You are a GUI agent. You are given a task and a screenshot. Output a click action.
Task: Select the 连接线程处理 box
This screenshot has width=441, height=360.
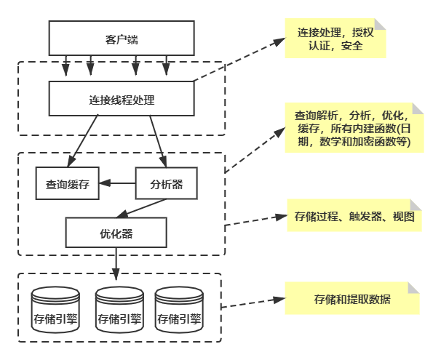pyautogui.click(x=121, y=99)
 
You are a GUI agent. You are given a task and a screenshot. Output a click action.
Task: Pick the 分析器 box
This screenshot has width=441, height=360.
pyautogui.click(x=166, y=184)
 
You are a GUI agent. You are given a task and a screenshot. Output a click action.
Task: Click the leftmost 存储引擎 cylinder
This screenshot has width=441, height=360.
pyautogui.click(x=56, y=309)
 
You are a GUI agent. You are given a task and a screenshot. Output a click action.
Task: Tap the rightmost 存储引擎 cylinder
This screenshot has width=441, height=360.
pyautogui.click(x=178, y=309)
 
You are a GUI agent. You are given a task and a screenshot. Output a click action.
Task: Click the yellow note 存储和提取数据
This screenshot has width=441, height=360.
pyautogui.click(x=351, y=299)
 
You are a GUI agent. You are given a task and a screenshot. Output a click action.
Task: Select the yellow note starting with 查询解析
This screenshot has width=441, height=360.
pyautogui.click(x=352, y=128)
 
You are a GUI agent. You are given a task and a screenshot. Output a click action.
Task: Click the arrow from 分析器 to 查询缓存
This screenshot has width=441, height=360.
pyautogui.click(x=118, y=184)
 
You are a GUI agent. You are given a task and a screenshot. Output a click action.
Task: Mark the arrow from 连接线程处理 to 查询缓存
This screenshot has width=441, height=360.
pyautogui.click(x=84, y=140)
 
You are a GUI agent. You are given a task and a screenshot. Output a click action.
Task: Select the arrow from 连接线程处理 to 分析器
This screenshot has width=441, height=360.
pyautogui.click(x=159, y=140)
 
